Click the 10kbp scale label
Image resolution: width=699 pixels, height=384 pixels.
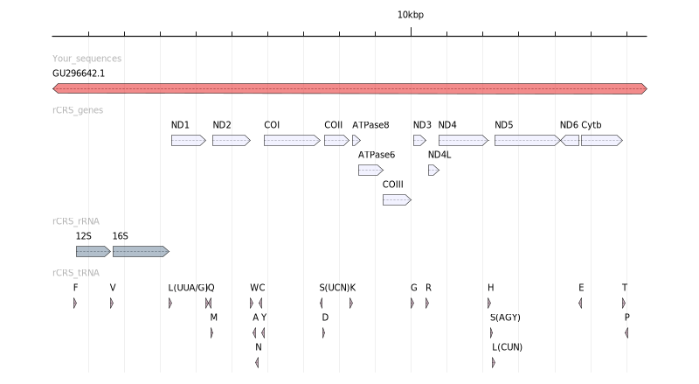(x=411, y=15)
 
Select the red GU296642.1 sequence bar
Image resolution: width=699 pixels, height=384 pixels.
(x=349, y=88)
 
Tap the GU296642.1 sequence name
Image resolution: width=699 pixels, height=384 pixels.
(x=79, y=73)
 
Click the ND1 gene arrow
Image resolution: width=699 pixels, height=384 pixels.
(x=188, y=140)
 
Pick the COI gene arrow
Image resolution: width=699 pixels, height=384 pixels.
(x=292, y=140)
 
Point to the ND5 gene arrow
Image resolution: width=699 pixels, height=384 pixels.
(x=526, y=140)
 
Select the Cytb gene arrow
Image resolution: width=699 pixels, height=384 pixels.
(x=601, y=140)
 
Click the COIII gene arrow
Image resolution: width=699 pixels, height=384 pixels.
(x=397, y=199)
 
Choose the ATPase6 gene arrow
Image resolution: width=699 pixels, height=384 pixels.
(x=370, y=170)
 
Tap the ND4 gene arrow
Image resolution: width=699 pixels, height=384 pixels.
(x=463, y=140)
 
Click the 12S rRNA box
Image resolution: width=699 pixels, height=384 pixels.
(x=93, y=251)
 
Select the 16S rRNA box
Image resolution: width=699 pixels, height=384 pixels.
(x=141, y=251)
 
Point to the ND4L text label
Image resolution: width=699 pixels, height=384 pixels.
(x=439, y=155)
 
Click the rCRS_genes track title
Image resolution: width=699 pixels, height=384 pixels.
(x=78, y=110)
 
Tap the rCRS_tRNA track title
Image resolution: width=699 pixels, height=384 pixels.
(x=78, y=272)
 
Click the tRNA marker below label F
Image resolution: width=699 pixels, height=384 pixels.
(x=75, y=303)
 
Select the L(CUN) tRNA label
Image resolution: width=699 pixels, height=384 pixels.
(x=507, y=346)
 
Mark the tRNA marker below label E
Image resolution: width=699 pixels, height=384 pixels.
(x=580, y=303)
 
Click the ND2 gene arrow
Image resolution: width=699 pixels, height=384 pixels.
(x=232, y=140)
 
